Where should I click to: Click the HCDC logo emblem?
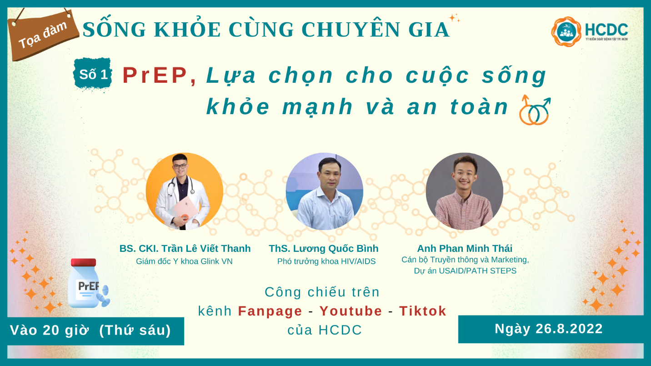566,31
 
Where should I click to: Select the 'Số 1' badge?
93,75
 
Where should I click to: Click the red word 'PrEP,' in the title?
160,76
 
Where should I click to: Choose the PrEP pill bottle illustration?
86,284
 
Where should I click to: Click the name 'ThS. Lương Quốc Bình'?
323,249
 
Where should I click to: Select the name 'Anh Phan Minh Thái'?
465,249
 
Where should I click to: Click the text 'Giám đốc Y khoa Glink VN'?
184,261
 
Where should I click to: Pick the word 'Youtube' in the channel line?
351,311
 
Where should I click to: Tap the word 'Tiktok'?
423,311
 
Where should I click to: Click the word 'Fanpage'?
270,311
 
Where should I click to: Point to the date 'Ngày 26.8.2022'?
549,329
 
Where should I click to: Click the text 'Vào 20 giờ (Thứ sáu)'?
90,331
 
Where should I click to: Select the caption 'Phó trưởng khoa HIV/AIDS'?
326,261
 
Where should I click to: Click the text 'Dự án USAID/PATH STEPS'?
465,271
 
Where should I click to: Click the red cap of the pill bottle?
83,262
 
